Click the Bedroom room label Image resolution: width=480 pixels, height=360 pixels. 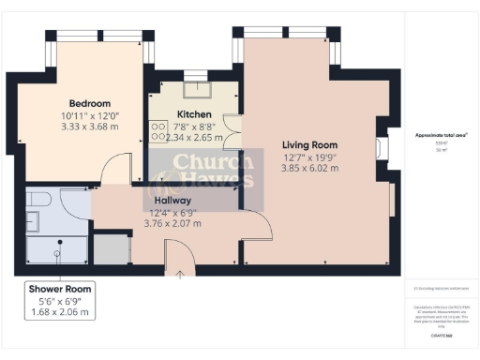point(90,103)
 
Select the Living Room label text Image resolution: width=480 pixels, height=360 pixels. point(310,145)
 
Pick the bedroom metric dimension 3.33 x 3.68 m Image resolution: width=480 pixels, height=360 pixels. point(90,127)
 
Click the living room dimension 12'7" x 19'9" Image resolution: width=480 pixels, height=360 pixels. point(310,157)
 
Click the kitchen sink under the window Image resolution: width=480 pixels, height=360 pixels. point(198,89)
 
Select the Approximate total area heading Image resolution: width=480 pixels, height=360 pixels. point(442,134)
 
